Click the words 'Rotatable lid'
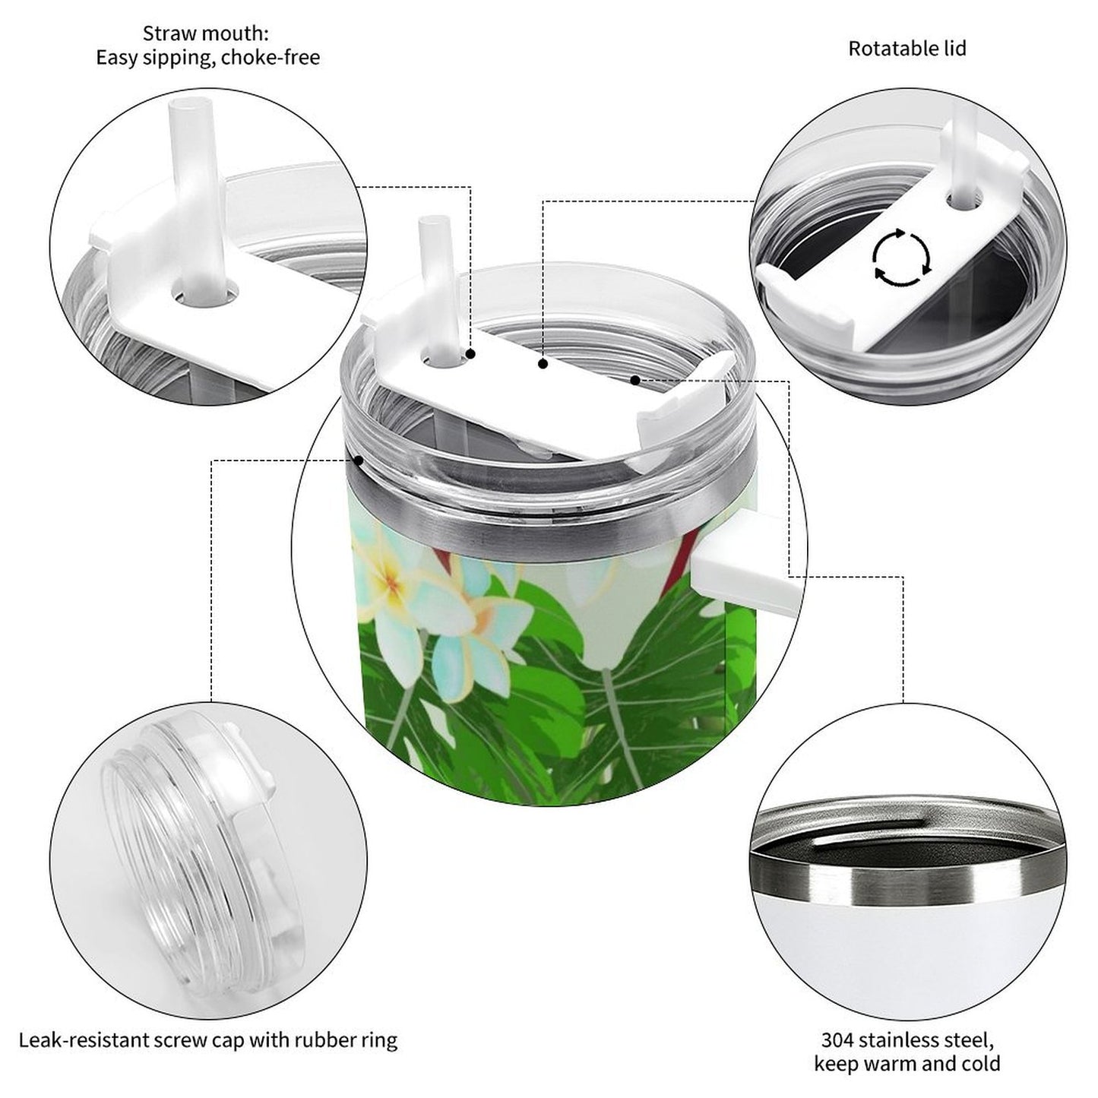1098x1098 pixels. coord(907,49)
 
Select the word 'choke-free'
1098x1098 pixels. coord(271,58)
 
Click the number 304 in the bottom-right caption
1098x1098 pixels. coord(838,1039)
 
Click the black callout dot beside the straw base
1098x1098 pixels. coord(471,354)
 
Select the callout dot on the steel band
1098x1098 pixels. coord(358,460)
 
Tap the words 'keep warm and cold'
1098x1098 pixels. coord(907,1063)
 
